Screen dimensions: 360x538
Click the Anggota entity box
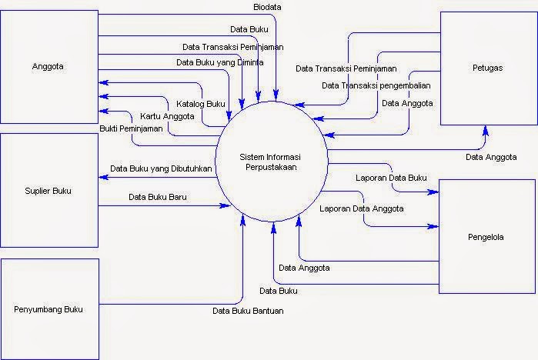[48, 67]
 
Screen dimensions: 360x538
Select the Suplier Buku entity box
[48, 191]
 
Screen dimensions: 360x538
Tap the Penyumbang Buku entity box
[48, 309]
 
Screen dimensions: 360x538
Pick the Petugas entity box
[488, 68]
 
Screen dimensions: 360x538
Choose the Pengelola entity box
[487, 237]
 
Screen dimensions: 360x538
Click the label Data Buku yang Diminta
[220, 62]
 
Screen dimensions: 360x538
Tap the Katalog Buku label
[201, 103]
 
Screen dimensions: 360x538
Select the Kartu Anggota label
[167, 116]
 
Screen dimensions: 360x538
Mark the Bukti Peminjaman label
[132, 128]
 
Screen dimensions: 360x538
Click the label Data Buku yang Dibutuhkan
[161, 168]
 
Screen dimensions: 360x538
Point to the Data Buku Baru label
[158, 196]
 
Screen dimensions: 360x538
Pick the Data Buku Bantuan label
[249, 311]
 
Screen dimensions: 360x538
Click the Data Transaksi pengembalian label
[376, 85]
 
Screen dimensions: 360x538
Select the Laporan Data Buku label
[391, 178]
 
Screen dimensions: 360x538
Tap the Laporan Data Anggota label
[363, 208]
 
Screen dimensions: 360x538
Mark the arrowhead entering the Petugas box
[485, 129]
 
